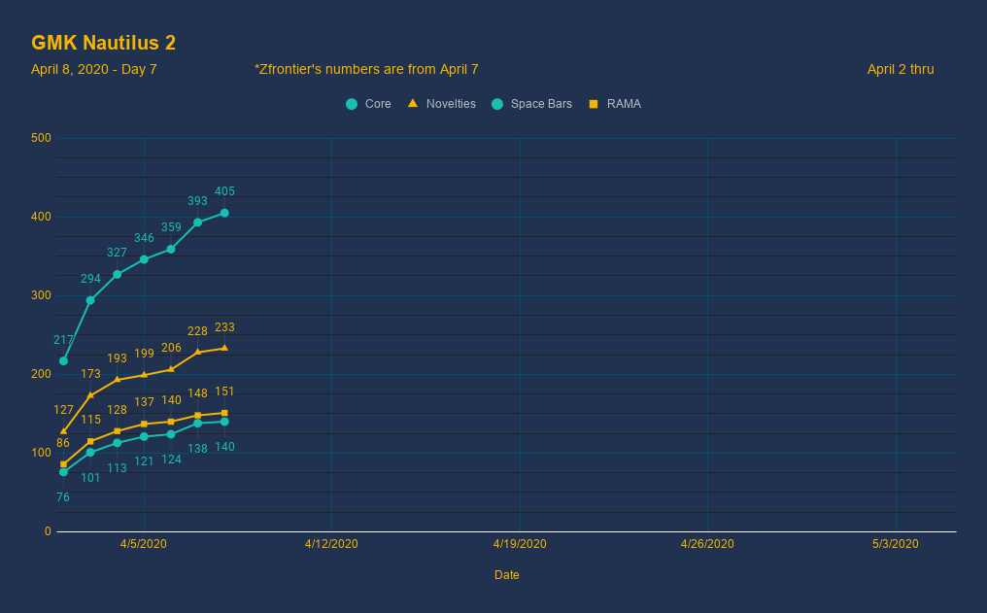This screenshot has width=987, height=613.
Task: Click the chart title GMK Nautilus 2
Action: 103,43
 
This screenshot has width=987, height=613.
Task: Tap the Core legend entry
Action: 368,104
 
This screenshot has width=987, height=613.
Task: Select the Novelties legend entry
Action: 441,104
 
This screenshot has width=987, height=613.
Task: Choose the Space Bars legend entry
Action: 531,104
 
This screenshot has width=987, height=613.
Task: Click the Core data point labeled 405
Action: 224,213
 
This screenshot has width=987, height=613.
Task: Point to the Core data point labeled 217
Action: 63,360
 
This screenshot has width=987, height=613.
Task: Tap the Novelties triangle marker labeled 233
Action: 224,348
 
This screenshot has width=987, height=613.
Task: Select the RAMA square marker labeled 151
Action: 224,413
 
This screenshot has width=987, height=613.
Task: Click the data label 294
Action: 90,279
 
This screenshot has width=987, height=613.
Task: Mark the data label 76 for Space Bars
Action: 63,497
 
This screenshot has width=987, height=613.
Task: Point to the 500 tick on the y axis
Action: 41,138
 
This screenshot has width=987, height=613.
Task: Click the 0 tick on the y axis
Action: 48,531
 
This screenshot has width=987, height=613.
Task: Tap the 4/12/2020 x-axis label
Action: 331,544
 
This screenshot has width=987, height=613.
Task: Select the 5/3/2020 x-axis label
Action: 895,544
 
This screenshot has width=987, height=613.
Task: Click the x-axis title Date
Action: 507,575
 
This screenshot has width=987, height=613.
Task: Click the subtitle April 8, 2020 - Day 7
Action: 94,69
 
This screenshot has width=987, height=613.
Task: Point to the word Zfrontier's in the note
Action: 293,69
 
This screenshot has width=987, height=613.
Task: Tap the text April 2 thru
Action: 901,69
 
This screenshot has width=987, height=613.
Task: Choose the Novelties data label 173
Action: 90,374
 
